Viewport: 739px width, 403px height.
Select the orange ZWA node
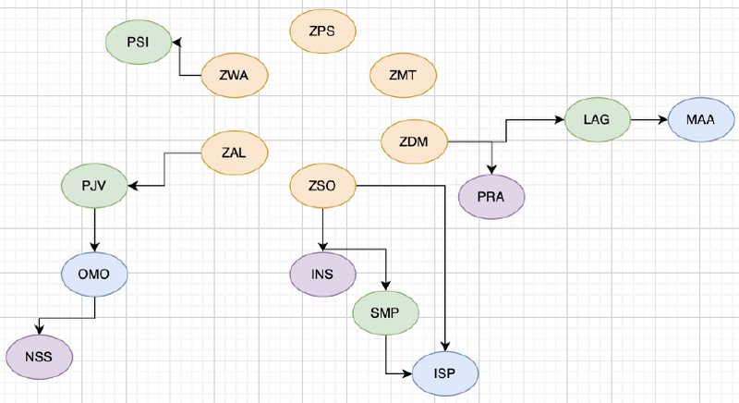(x=235, y=75)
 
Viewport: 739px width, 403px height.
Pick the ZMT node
(x=402, y=75)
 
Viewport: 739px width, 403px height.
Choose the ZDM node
(x=414, y=140)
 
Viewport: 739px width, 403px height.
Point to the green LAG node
(x=597, y=119)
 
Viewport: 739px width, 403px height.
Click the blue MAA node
(x=699, y=119)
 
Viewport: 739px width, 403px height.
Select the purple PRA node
(x=491, y=197)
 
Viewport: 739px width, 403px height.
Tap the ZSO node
(x=323, y=186)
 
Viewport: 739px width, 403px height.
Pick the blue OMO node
(x=94, y=275)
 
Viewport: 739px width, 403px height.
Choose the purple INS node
(x=323, y=275)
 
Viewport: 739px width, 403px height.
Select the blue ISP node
(x=446, y=373)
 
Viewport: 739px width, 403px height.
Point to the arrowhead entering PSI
(x=177, y=42)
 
